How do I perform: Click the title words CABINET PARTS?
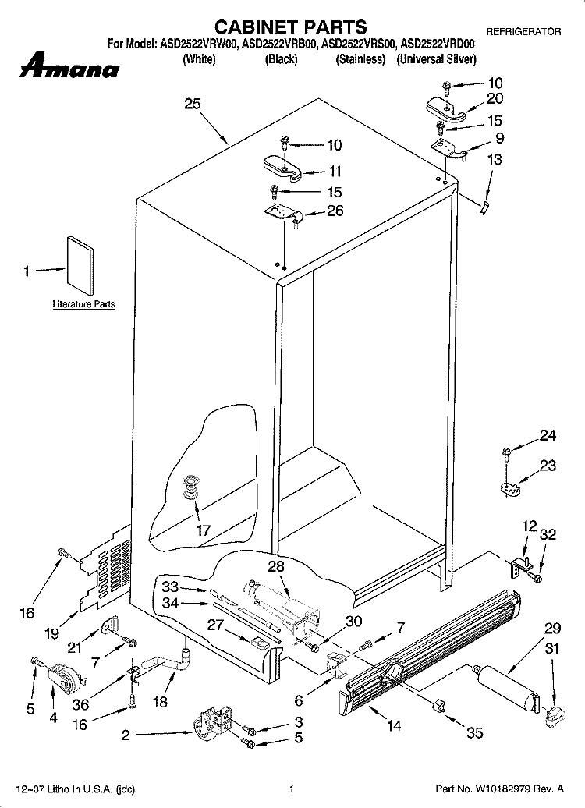point(291,27)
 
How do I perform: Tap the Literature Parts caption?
point(83,304)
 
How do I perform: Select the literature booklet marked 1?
point(80,266)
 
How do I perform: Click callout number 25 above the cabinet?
point(192,104)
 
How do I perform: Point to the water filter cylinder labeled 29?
point(507,689)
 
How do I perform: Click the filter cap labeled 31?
point(555,715)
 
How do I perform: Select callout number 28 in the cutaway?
point(276,565)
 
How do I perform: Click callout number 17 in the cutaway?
point(204,530)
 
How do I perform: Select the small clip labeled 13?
point(484,208)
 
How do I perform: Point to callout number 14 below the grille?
point(393,726)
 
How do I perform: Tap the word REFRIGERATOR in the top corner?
point(523,32)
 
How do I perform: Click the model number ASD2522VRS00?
point(360,44)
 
